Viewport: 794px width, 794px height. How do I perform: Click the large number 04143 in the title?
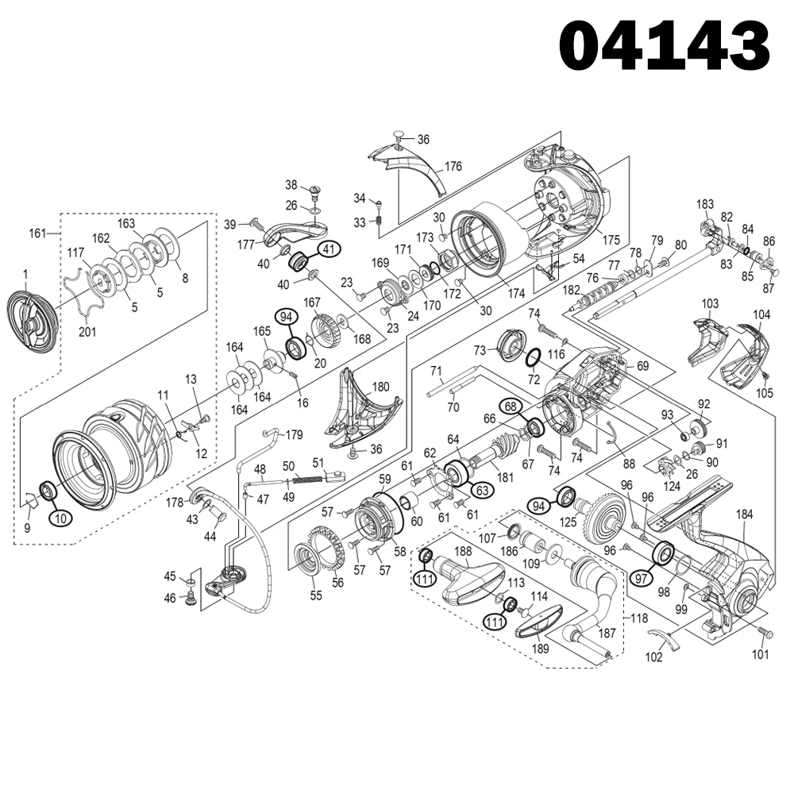(x=665, y=46)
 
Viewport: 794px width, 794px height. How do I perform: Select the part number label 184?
(x=743, y=515)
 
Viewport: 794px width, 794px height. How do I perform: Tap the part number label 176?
(x=453, y=167)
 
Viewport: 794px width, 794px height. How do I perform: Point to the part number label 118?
(x=638, y=617)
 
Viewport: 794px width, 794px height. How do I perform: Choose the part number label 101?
(x=761, y=655)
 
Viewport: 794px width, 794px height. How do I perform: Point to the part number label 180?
(x=380, y=387)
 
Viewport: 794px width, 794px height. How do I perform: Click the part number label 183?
(x=705, y=204)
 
